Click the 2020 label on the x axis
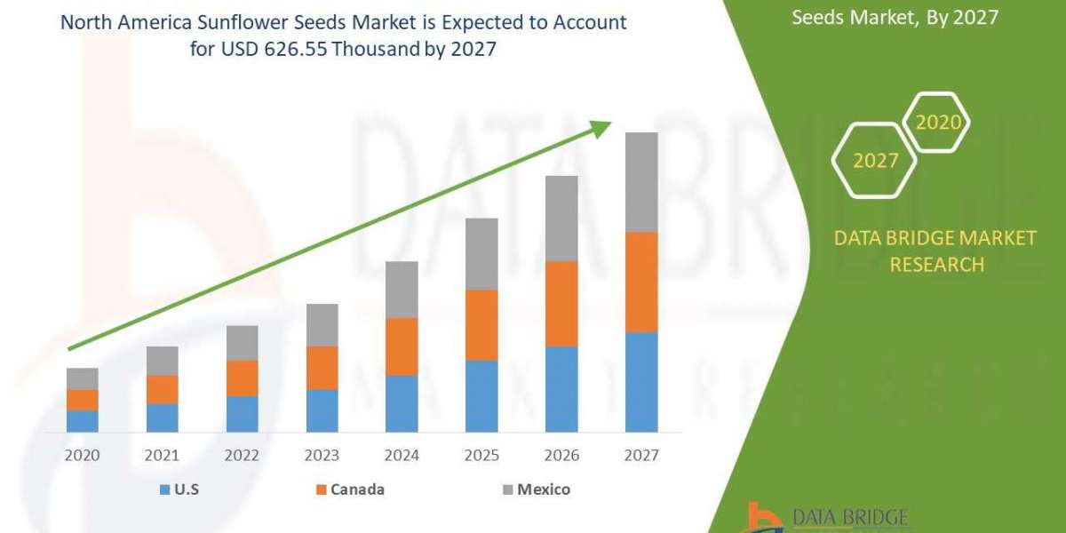82,455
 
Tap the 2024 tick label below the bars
402,455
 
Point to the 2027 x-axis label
641,455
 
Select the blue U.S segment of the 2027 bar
641,382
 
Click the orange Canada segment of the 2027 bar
641,282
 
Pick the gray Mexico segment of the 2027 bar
641,182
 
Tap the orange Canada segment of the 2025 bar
481,324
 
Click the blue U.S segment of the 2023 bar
322,410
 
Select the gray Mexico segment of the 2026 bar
561,218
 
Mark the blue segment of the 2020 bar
82,421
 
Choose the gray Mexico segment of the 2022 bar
242,342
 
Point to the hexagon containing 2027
875,160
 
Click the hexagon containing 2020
937,122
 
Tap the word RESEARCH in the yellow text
936,264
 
